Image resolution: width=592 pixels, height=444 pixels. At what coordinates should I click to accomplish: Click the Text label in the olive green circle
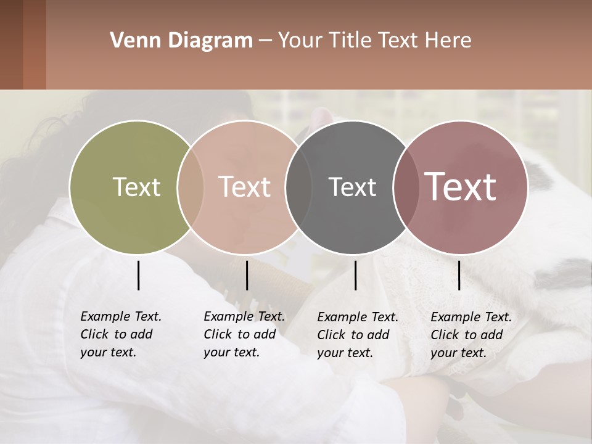(136, 187)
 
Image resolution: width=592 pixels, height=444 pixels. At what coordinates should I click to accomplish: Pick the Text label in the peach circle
(244, 187)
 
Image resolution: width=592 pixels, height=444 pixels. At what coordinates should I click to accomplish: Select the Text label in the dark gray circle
(352, 187)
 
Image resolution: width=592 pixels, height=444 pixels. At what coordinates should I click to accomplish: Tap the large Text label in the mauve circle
(460, 187)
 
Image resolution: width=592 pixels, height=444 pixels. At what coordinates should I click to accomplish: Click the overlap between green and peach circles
(191, 187)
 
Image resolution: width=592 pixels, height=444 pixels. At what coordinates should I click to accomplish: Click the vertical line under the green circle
(138, 275)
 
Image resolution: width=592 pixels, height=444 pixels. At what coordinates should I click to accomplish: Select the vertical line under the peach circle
(247, 275)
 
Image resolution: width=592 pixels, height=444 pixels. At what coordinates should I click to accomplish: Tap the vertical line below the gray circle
(356, 275)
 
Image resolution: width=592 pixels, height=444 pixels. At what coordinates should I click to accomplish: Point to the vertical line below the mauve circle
(459, 275)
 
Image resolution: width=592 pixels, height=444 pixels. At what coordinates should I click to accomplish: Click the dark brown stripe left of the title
(11, 44)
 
